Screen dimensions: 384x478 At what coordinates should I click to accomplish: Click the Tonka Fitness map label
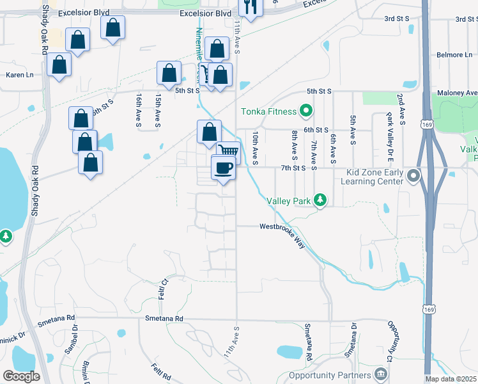[268, 111]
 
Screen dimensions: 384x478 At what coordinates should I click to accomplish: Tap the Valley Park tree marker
[320, 201]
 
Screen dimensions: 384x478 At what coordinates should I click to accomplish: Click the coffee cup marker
[223, 168]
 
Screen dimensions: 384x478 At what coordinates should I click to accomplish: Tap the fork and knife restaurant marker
[250, 7]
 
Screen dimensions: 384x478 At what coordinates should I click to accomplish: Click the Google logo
[21, 376]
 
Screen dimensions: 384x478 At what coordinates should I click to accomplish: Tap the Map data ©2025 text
[450, 379]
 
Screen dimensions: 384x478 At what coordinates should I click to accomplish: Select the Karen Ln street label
[19, 75]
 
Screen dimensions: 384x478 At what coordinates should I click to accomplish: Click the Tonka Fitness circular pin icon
[305, 111]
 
